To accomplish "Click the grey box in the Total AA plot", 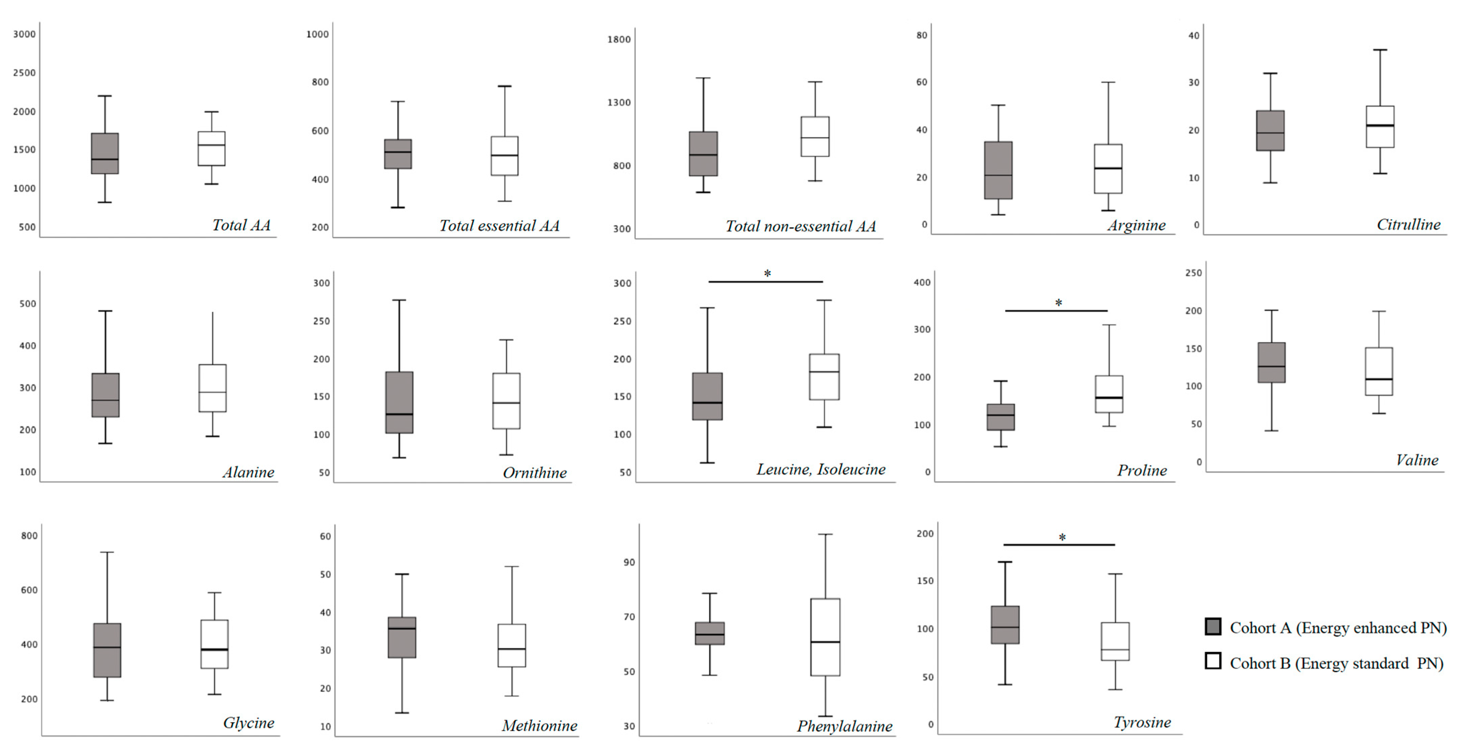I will [x=105, y=153].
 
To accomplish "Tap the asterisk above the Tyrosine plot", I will [x=1062, y=537].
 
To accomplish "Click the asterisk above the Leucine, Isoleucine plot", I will [x=767, y=274].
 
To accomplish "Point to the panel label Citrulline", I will [x=1408, y=225].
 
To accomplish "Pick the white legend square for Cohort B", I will [x=1213, y=661].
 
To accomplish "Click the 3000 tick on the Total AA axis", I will [x=25, y=34].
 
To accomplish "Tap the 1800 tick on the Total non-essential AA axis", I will [x=619, y=39].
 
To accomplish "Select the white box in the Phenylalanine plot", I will [x=825, y=637].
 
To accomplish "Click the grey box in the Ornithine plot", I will [x=399, y=402].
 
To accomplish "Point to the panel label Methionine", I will [x=539, y=725].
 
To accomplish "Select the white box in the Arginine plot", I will [x=1108, y=169].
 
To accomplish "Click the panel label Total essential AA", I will [x=499, y=226].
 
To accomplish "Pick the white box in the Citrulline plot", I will [x=1380, y=127].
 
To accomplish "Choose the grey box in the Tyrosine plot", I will [x=1005, y=625].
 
